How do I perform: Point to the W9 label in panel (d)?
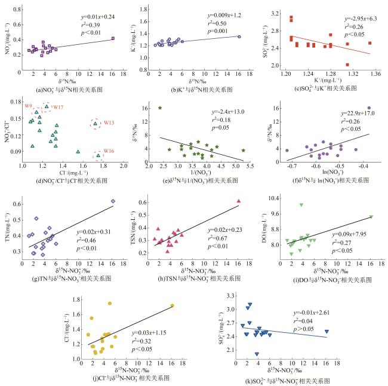coord(28,106)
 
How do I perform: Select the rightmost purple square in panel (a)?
coord(112,38)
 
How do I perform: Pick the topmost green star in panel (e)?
coord(160,108)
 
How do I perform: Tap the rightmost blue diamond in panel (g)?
coord(113,201)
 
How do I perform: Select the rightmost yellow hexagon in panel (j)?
coord(172,306)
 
